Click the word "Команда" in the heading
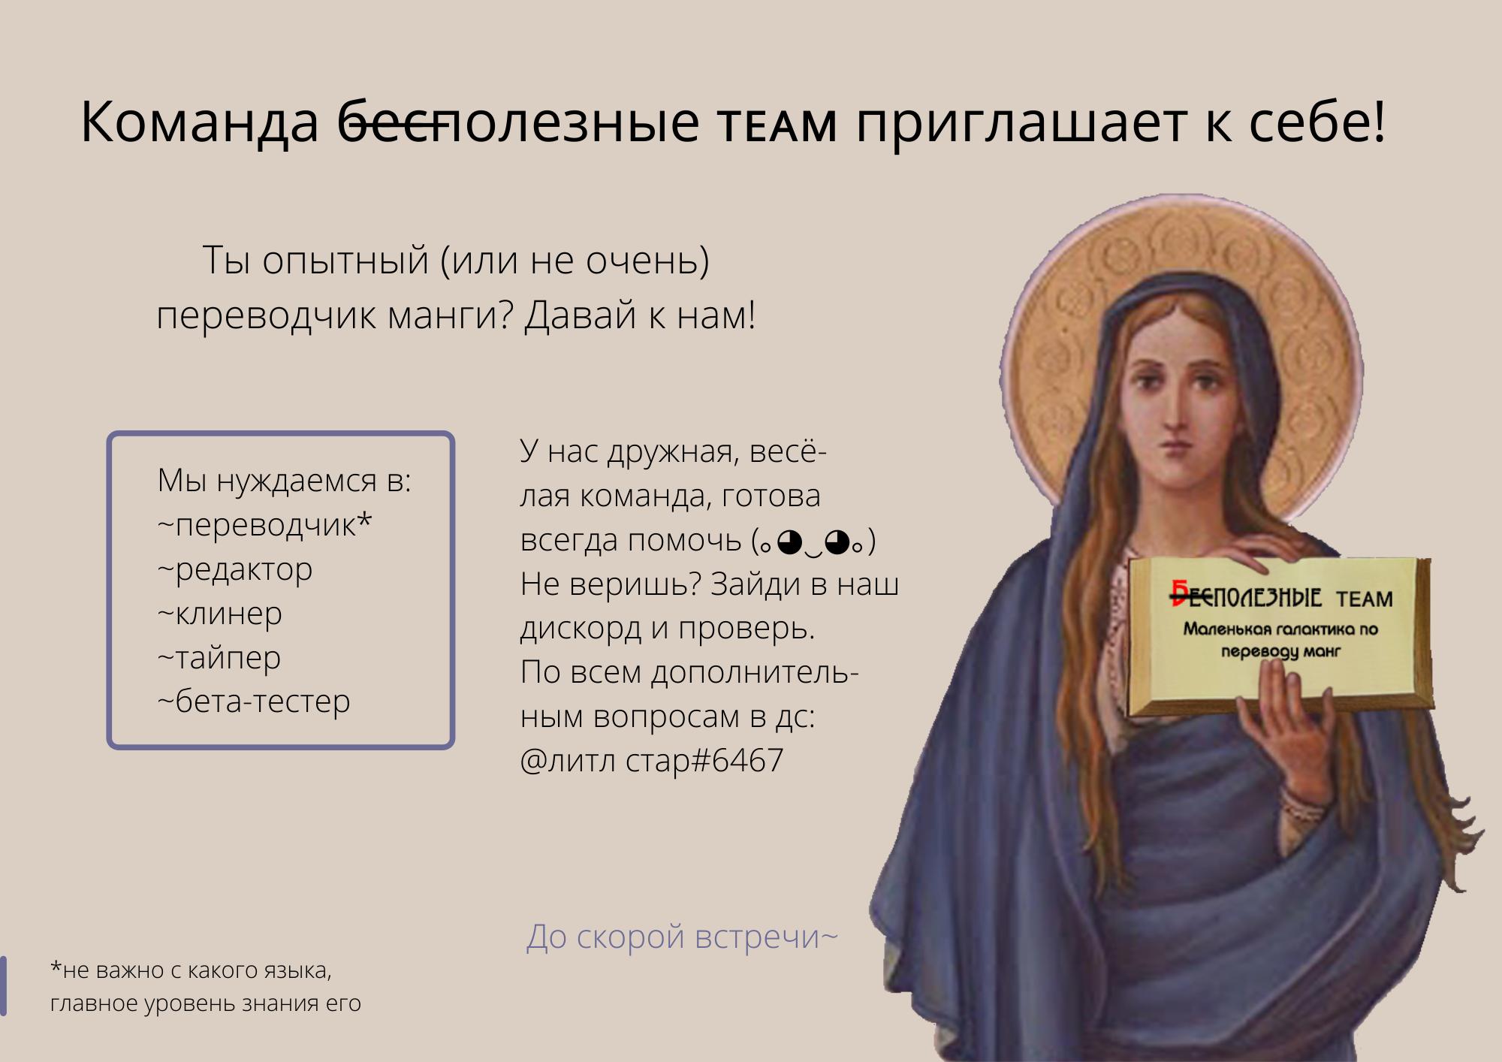pyautogui.click(x=200, y=122)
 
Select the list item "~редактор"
pyautogui.click(x=235, y=569)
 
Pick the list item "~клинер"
pyautogui.click(x=220, y=614)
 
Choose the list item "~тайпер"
pyautogui.click(x=219, y=658)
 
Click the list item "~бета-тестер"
pyautogui.click(x=254, y=701)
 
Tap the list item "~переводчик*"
pyautogui.click(x=264, y=525)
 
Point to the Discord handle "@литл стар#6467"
pyautogui.click(x=651, y=760)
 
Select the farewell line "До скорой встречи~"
pyautogui.click(x=682, y=937)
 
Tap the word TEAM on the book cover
pyautogui.click(x=1364, y=599)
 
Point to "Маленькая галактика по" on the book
pyautogui.click(x=1280, y=629)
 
